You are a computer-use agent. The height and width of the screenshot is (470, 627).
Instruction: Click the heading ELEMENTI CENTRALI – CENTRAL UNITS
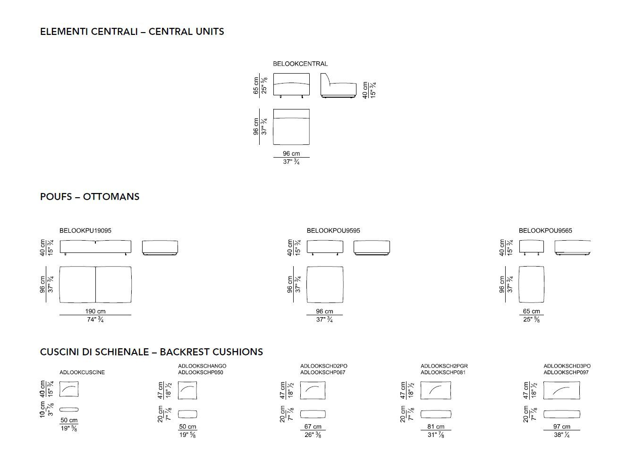(132, 32)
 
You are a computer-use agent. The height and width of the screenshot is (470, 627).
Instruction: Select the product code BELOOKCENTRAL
(300, 64)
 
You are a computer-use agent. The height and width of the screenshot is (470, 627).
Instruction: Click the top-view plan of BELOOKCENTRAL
(291, 127)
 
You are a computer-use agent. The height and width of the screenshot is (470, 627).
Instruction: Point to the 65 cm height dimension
(256, 85)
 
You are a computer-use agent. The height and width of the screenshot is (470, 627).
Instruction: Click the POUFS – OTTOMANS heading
(90, 197)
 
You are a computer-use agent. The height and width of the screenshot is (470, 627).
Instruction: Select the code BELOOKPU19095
(85, 231)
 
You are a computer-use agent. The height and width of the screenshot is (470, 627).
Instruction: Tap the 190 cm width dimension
(95, 311)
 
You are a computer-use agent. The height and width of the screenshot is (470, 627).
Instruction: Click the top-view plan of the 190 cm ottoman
(95, 284)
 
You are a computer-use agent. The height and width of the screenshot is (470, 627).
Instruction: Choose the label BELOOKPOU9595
(333, 231)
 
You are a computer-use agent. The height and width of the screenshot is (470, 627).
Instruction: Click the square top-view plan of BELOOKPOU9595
(325, 284)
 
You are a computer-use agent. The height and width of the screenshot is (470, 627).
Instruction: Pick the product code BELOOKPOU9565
(545, 231)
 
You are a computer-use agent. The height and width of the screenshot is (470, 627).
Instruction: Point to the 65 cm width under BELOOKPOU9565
(532, 311)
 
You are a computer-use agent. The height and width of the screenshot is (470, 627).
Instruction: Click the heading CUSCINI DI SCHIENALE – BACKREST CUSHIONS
(151, 352)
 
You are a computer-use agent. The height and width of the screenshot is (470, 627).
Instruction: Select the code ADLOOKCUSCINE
(82, 372)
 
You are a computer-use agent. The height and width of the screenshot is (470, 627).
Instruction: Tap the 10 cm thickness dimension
(43, 409)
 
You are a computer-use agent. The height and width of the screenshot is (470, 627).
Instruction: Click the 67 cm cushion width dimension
(313, 427)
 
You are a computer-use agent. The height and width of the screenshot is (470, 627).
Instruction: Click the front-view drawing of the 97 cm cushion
(561, 390)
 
